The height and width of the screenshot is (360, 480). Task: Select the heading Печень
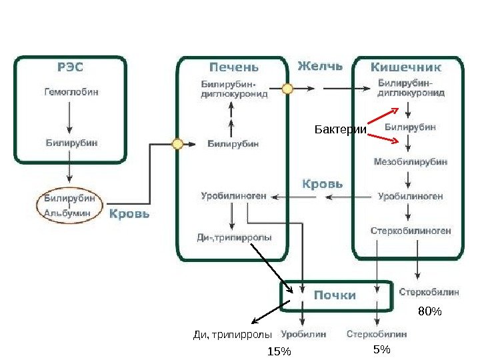[x=233, y=67]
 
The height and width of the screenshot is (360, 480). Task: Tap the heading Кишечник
[x=406, y=67]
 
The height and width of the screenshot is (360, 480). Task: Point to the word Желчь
[x=320, y=66]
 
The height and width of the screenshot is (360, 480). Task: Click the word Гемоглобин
[x=71, y=92]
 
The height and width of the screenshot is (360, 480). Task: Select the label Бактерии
[x=340, y=129]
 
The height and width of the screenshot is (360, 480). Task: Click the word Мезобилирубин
[x=410, y=161]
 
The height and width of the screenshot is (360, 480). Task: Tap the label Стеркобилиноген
[x=411, y=231]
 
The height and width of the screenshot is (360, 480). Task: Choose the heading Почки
[x=335, y=295]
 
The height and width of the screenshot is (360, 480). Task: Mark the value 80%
[x=430, y=311]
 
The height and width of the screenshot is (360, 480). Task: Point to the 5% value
[x=382, y=349]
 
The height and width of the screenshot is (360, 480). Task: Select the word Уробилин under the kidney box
[x=303, y=334]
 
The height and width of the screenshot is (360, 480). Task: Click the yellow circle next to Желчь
[x=287, y=87]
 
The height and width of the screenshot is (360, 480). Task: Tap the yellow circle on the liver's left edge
[x=178, y=143]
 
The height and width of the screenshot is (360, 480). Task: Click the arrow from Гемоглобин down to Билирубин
[x=70, y=119]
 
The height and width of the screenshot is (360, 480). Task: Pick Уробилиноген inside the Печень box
[x=233, y=196]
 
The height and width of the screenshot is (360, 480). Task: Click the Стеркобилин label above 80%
[x=429, y=292]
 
